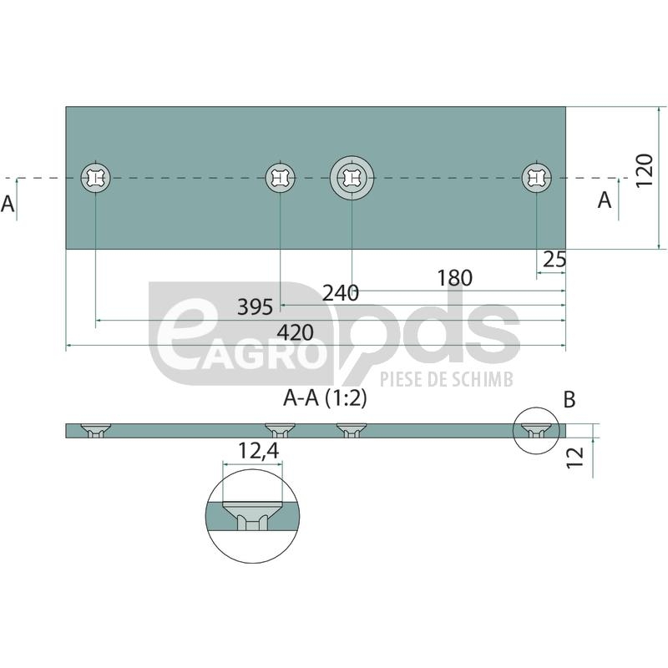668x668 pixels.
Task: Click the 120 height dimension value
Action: pos(644,170)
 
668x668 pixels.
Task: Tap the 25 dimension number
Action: pos(554,259)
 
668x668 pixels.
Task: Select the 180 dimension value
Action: pos(454,278)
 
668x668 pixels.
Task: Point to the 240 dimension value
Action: pos(341,293)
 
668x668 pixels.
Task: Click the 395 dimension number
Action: pos(255,307)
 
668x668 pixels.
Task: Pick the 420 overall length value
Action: pos(296,332)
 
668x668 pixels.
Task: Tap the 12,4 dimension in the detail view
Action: pos(258,450)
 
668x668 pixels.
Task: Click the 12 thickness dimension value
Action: pos(574,457)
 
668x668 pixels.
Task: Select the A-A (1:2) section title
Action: pos(325,399)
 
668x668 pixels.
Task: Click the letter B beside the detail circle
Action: pos(569,400)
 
